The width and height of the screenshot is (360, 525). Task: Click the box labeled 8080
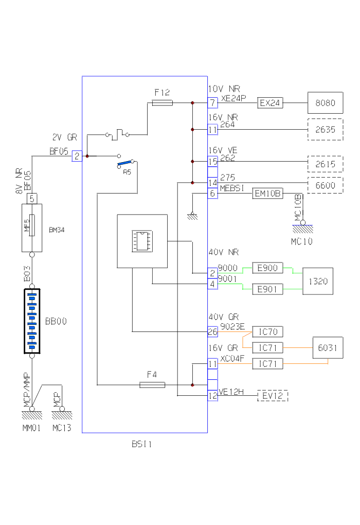tap(325, 103)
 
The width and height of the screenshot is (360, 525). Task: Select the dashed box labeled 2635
tap(325, 130)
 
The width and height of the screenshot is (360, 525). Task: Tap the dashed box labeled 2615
tap(325, 164)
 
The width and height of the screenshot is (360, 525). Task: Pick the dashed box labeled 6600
tap(325, 185)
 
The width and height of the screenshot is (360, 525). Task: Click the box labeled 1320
tap(317, 281)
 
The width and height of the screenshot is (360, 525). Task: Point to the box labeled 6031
tap(328, 348)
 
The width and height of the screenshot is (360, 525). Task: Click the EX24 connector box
tap(270, 103)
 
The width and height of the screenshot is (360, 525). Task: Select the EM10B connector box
tap(268, 194)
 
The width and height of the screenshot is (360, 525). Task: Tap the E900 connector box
tap(267, 268)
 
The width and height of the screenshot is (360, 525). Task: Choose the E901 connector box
tap(267, 289)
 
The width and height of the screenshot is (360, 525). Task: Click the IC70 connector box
tap(267, 331)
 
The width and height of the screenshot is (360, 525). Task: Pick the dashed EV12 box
tap(273, 396)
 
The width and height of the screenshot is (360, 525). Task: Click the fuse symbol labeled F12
tap(163, 103)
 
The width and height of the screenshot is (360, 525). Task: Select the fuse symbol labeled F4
tap(153, 384)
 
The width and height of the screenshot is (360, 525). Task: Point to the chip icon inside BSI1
tap(141, 240)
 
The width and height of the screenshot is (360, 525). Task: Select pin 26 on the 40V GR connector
tap(212, 331)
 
